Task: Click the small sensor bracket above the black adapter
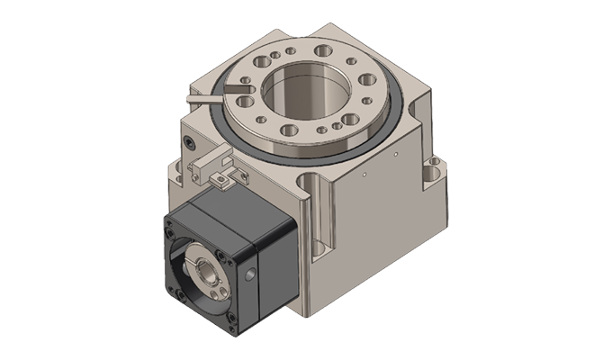tap(212, 166)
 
